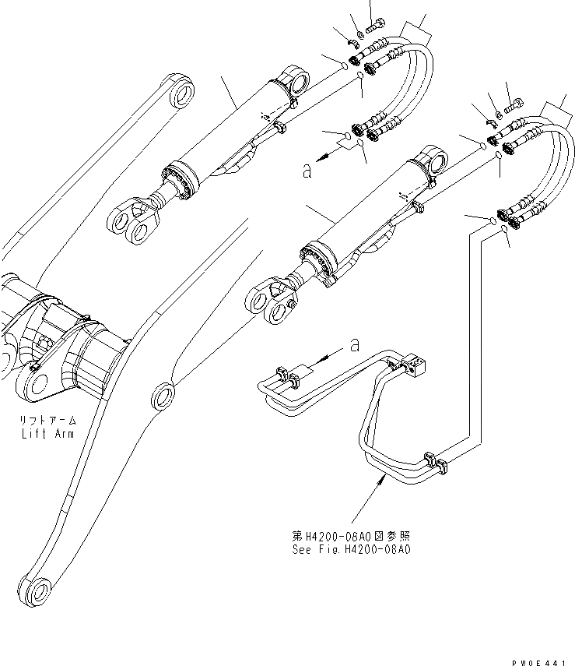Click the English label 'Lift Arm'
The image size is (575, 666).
pyautogui.click(x=47, y=433)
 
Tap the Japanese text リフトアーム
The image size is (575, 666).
pyautogui.click(x=47, y=421)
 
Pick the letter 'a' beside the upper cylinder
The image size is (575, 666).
pyautogui.click(x=308, y=169)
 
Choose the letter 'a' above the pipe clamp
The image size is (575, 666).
pyautogui.click(x=355, y=343)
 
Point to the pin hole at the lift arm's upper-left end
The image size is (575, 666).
pyautogui.click(x=181, y=94)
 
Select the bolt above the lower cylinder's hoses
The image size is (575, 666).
pyautogui.click(x=515, y=102)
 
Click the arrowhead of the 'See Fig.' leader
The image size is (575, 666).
pyautogui.click(x=380, y=481)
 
